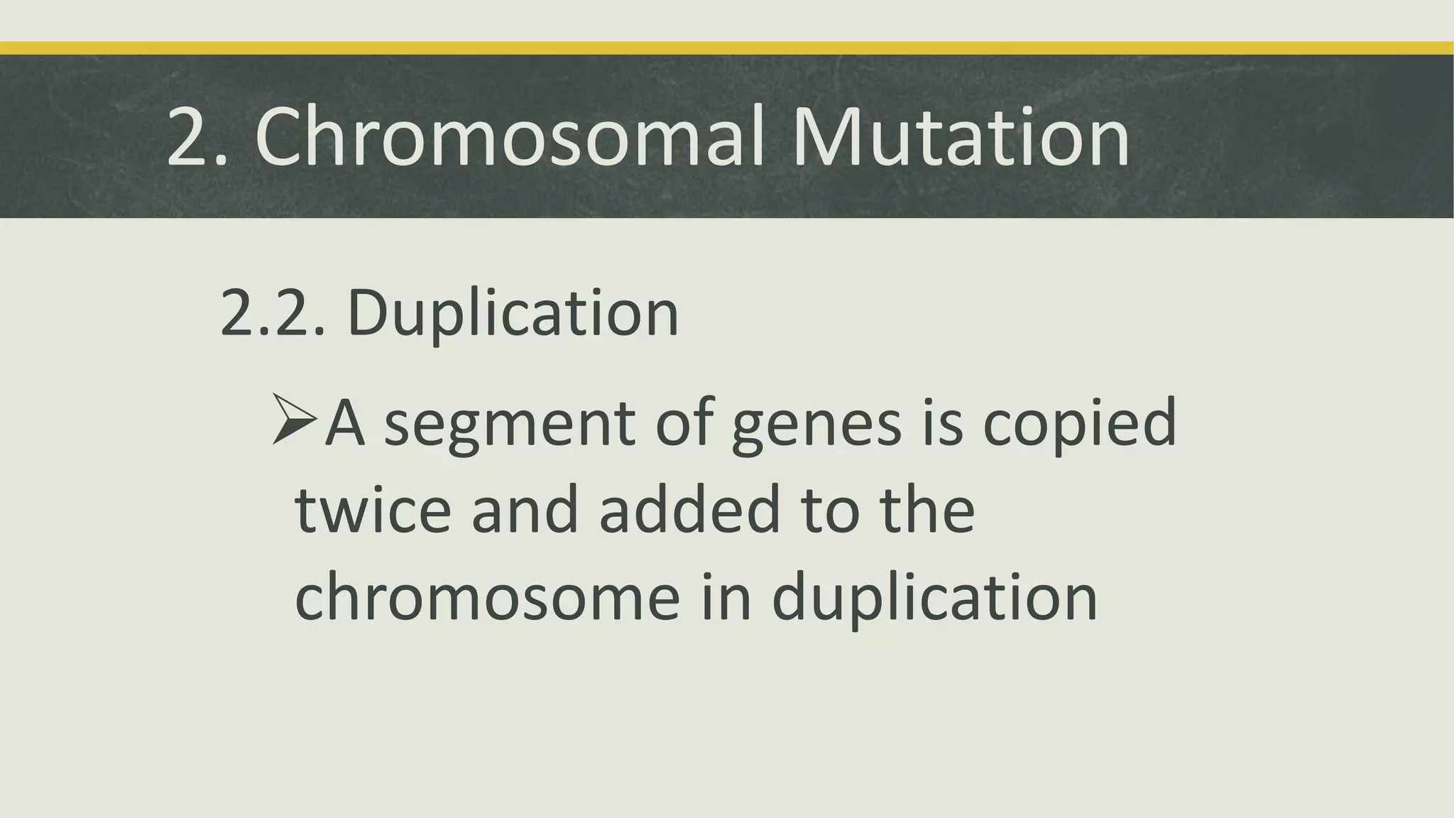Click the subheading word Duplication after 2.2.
[x=513, y=314]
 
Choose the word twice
[x=373, y=509]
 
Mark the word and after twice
[x=525, y=509]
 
